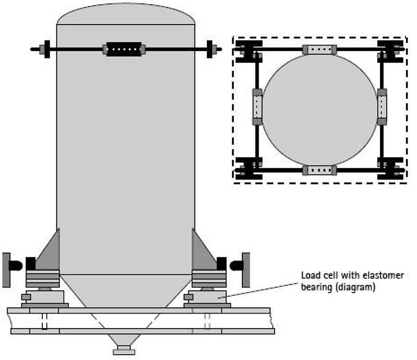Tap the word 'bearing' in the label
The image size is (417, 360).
pos(316,287)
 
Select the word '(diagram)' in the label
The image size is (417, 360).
pos(355,287)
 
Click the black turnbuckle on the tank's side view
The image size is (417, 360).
pos(124,49)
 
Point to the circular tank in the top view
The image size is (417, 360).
pos(320,110)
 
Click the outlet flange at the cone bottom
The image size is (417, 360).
pos(124,350)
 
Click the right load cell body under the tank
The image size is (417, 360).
pos(207,297)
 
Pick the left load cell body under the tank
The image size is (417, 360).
pos(45,297)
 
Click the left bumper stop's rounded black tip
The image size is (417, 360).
pos(16,266)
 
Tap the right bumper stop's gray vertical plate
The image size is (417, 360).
pos(246,270)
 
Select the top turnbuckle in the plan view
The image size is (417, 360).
pos(320,50)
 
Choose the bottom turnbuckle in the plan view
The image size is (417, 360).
pos(320,170)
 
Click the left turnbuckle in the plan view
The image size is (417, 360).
pos(257,107)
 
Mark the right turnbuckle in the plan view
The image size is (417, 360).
pos(382,107)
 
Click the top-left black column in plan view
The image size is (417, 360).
pos(249,51)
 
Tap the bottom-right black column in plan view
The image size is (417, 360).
pos(390,169)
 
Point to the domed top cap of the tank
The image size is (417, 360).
pos(126,14)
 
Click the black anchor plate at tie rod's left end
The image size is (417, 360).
pos(47,49)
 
